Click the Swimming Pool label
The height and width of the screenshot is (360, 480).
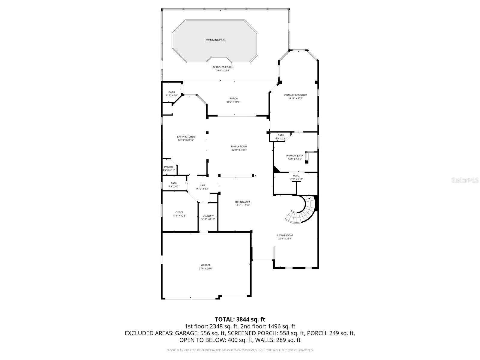click(215, 40)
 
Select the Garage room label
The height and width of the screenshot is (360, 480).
click(206, 265)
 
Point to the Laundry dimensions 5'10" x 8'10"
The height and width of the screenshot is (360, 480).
click(208, 219)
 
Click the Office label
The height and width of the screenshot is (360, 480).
click(179, 212)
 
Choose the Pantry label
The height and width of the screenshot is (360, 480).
click(169, 167)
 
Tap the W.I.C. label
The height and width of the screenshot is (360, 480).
click(296, 176)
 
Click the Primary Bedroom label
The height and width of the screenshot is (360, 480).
click(295, 95)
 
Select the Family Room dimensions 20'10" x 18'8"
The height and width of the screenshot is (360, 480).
click(239, 150)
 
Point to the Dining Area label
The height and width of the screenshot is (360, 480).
click(242, 202)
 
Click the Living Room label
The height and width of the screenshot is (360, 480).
click(285, 235)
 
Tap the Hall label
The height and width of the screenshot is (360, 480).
click(202, 185)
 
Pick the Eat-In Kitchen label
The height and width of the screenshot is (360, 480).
click(186, 137)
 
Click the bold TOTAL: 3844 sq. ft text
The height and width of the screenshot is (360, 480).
click(240, 319)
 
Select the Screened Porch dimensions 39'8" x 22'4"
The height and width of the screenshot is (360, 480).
click(223, 70)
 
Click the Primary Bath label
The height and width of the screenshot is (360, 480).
click(295, 156)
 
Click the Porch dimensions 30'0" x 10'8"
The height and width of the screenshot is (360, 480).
click(233, 102)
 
